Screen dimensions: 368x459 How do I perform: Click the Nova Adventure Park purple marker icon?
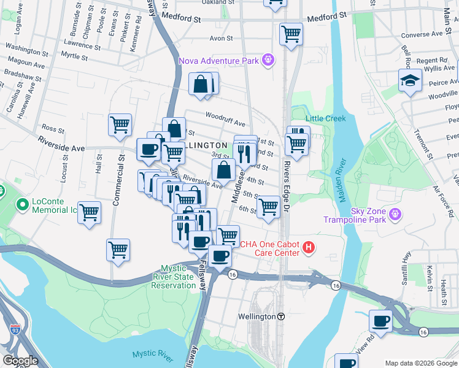[267, 60]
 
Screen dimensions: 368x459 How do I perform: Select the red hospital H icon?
[309, 248]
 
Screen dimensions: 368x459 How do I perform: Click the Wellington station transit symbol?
[281, 316]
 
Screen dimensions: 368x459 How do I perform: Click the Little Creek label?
[326, 118]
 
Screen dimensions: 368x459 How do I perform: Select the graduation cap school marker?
[409, 81]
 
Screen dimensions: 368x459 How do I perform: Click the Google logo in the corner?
[20, 361]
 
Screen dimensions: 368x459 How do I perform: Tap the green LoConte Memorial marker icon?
[22, 204]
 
